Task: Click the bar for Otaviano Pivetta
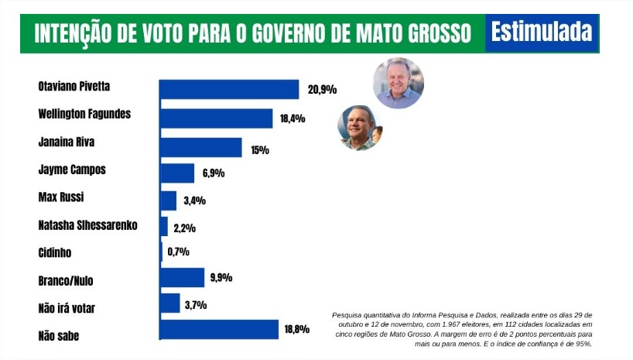point(229,89)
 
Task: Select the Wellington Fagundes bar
point(216,118)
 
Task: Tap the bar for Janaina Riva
point(200,147)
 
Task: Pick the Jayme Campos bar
point(176,173)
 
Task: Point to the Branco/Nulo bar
point(182,278)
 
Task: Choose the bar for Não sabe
point(219,330)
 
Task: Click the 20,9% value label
point(322,90)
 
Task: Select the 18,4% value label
point(294,119)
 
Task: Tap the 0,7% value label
point(178,252)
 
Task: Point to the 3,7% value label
point(197,305)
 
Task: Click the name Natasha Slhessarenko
point(87,225)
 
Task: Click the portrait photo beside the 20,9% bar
point(399,83)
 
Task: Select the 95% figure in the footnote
point(583,344)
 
